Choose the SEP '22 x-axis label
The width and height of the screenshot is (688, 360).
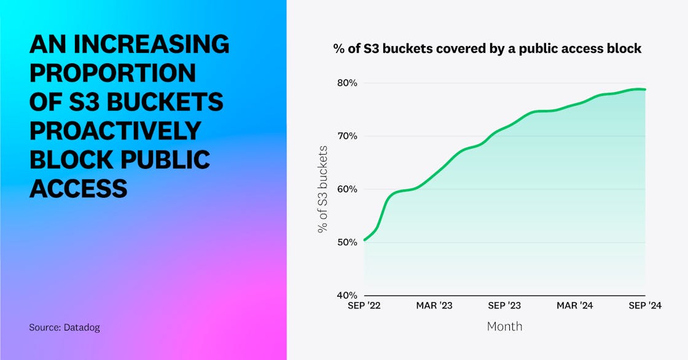click(364, 306)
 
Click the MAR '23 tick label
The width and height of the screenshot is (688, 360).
click(434, 306)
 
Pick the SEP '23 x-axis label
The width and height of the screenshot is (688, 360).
click(505, 306)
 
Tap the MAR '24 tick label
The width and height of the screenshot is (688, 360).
click(575, 306)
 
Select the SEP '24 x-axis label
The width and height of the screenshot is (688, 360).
click(644, 306)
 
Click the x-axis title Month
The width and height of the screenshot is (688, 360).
click(504, 326)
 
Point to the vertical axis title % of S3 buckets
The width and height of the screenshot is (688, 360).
click(322, 189)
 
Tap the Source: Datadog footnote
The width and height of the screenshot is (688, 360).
click(64, 327)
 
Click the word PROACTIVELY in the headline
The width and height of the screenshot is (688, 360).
click(115, 130)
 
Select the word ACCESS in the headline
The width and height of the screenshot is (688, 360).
click(79, 188)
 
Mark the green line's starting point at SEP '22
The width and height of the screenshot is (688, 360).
click(364, 240)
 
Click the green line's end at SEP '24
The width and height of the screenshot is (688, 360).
click(645, 90)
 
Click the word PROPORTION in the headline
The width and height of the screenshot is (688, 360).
click(112, 73)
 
